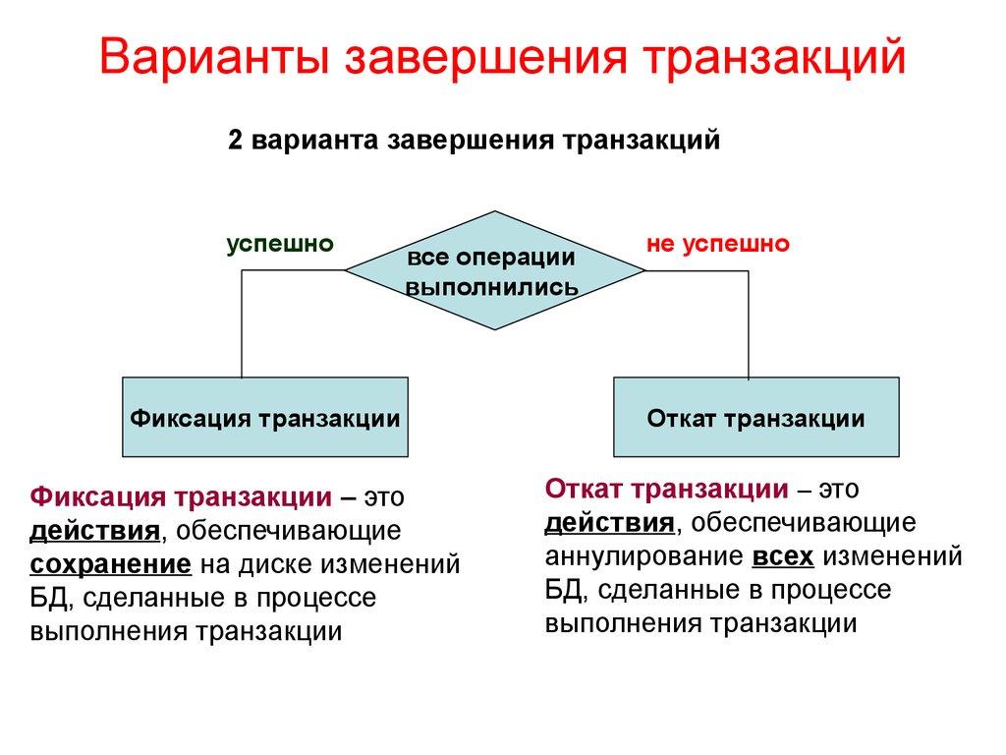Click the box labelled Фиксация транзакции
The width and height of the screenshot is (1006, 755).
(265, 418)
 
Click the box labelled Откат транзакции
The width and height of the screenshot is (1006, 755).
(755, 418)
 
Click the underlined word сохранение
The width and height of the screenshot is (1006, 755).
(111, 564)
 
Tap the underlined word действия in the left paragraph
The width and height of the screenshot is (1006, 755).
(95, 531)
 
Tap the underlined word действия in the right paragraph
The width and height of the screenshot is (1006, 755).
(610, 523)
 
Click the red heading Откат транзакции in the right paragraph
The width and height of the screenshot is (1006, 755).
(667, 489)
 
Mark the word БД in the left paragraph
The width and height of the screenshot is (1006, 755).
(48, 598)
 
